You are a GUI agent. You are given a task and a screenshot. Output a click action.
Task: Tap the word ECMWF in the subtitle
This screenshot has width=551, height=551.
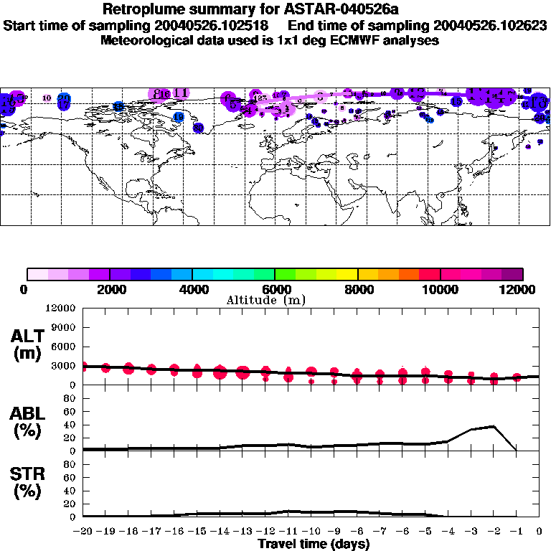(363, 40)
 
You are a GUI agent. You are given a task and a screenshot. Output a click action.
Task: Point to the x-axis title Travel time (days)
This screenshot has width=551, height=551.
(314, 544)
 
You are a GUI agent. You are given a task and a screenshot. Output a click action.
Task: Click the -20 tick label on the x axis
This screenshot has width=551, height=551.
(84, 532)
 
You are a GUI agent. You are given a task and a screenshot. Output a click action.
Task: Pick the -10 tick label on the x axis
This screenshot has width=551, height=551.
(311, 532)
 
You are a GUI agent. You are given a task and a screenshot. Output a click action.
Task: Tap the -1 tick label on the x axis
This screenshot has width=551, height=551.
(517, 532)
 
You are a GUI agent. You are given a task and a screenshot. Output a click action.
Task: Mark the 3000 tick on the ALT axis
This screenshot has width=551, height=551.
(63, 366)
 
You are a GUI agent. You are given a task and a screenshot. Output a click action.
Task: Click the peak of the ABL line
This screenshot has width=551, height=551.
(494, 426)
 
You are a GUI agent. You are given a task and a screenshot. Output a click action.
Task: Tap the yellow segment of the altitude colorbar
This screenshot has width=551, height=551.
(347, 274)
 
